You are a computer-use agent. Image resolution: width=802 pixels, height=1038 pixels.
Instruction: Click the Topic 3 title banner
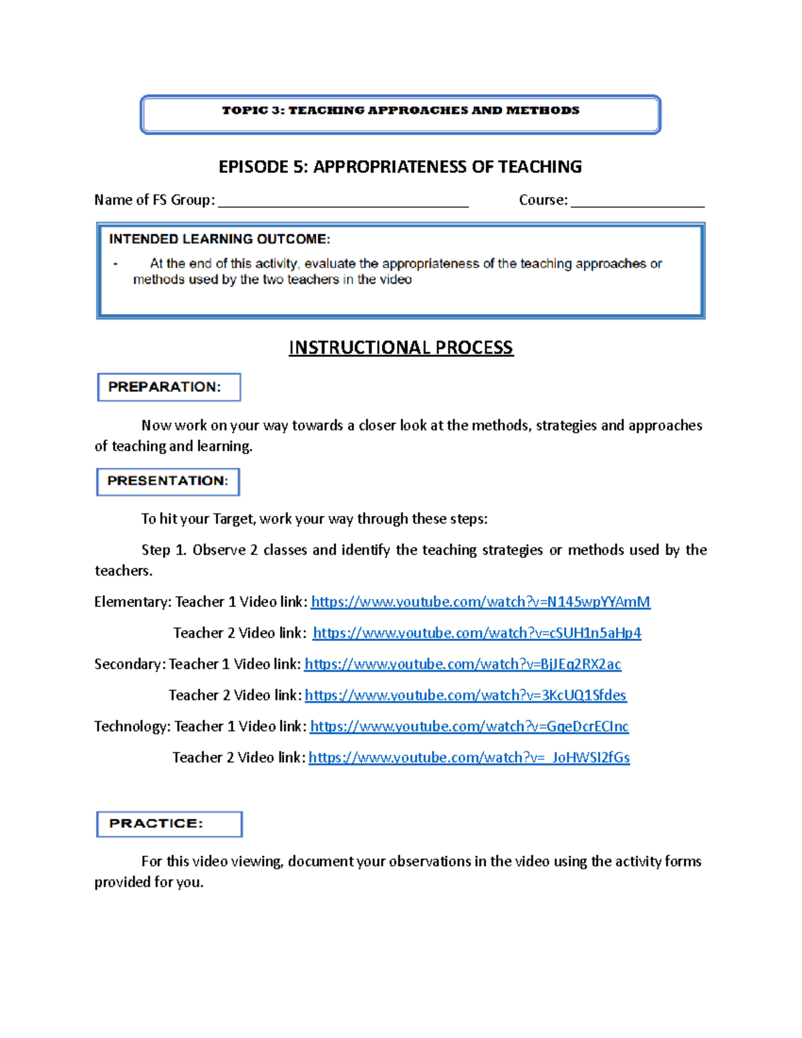coord(400,114)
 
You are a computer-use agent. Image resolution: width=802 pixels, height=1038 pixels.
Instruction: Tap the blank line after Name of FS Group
coord(344,201)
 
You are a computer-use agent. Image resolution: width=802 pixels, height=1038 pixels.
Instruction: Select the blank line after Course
coord(638,201)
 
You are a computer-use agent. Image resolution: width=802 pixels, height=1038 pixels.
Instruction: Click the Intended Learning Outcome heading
coord(219,239)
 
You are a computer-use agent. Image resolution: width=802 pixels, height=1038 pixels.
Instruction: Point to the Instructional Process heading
coord(401,348)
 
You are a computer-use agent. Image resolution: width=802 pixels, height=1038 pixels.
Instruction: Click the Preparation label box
coord(168,387)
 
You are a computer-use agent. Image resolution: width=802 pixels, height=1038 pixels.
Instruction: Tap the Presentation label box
coord(168,481)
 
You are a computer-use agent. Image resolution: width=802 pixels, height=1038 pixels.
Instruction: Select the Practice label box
coord(169,824)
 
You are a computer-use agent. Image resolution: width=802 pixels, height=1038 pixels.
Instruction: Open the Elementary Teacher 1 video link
coord(481,602)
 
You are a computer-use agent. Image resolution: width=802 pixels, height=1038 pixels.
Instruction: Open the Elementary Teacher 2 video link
coord(477,633)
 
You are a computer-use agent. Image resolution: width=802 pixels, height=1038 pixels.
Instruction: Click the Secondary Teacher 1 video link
coord(462,664)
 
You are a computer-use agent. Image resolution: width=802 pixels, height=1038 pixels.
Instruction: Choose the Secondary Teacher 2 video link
coord(465,696)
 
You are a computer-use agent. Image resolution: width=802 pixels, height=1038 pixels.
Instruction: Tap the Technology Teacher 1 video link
coord(469,727)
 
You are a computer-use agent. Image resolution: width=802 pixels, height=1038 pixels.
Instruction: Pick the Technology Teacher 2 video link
coord(469,758)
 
